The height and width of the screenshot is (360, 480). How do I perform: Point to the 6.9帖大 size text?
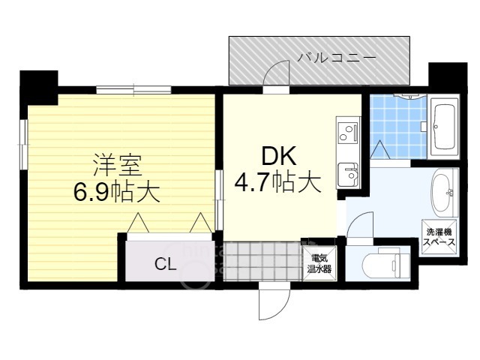click(116, 193)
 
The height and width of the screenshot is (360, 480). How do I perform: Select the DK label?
click(278, 156)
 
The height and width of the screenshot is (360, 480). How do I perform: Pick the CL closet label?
click(166, 263)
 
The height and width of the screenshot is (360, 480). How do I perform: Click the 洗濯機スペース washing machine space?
click(438, 238)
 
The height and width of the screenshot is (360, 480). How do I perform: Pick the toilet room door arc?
click(361, 226)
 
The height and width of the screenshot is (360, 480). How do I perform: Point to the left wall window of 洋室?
click(25, 142)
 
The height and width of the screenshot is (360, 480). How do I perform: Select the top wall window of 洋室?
click(135, 90)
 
